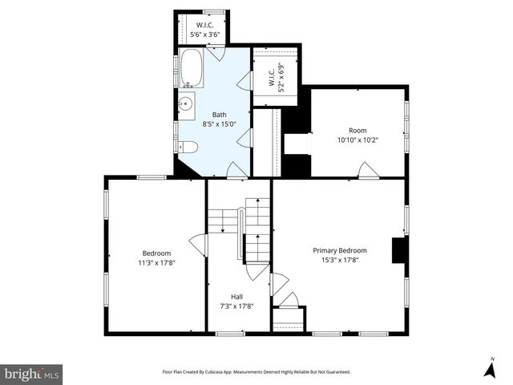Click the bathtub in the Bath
(x=190, y=69)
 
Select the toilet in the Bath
(x=188, y=146)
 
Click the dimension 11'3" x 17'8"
(x=156, y=261)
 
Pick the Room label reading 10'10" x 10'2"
(x=357, y=140)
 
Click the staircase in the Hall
(x=240, y=233)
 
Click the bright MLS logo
(x=32, y=373)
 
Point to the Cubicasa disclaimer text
(x=256, y=372)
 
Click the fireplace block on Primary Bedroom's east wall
(x=398, y=250)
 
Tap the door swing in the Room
(x=368, y=171)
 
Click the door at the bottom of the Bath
(x=237, y=169)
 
